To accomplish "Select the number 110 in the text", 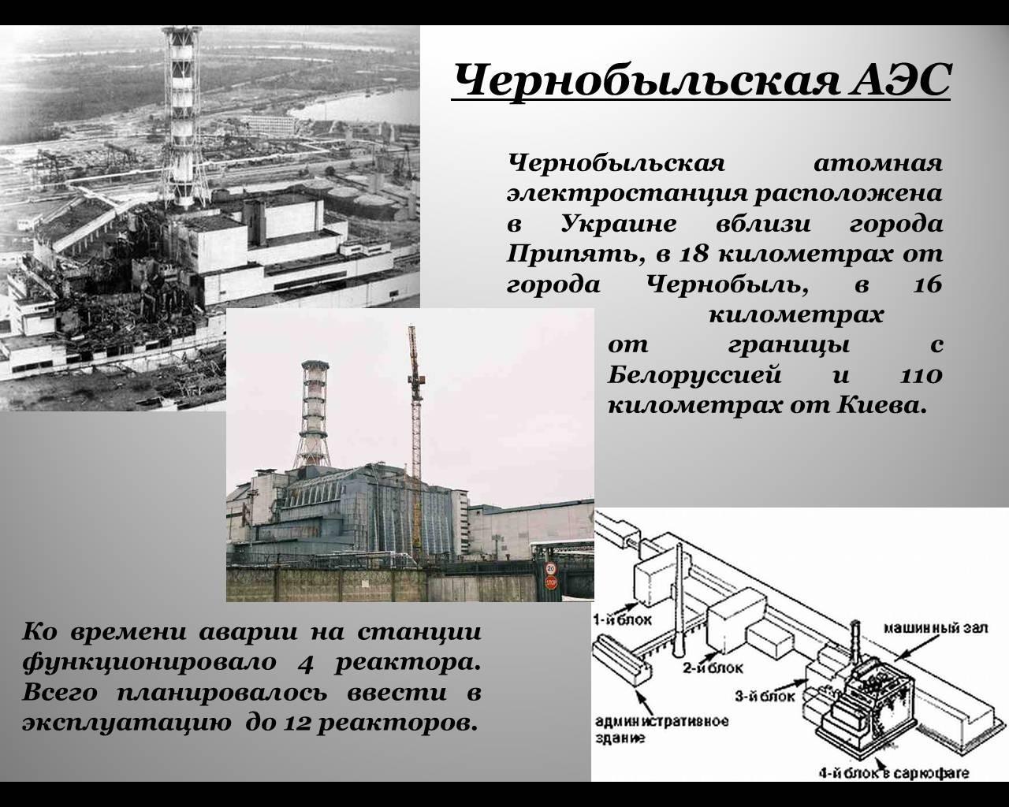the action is click(921, 376).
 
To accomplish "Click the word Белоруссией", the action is click(694, 376).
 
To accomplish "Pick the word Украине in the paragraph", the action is click(619, 224).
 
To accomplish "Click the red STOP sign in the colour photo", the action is click(550, 583).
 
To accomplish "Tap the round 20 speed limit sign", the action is click(550, 569).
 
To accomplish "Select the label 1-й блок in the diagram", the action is click(623, 620).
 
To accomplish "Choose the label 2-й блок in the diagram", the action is click(713, 668).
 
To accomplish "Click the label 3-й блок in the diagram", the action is click(765, 697).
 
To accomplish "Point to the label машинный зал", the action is click(936, 628).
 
